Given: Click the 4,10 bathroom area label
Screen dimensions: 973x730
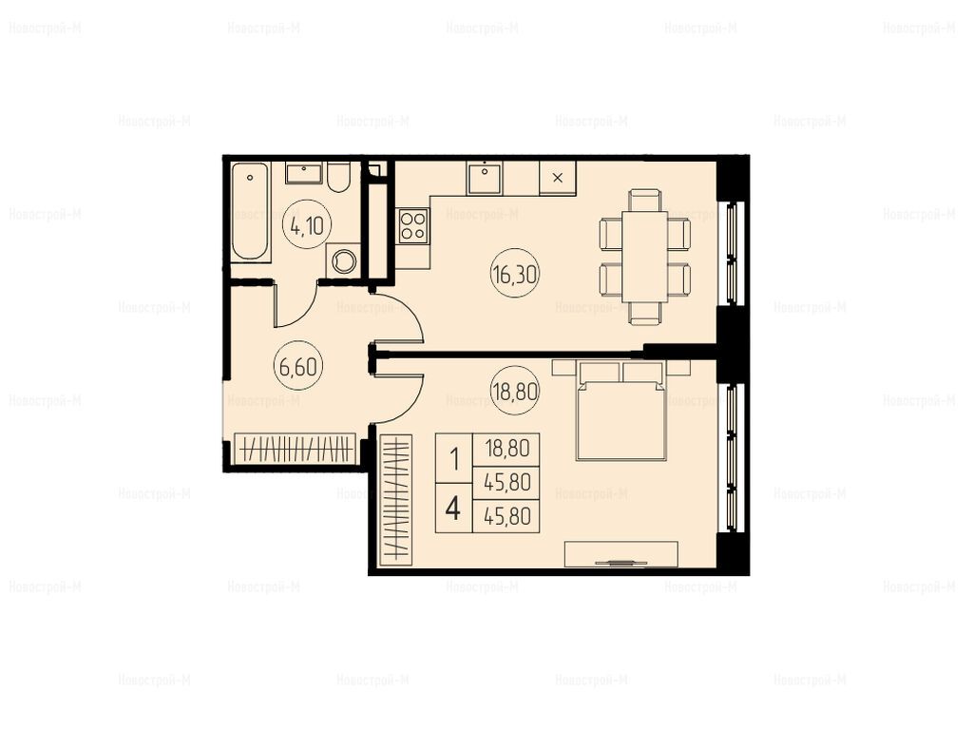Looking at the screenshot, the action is tap(307, 226).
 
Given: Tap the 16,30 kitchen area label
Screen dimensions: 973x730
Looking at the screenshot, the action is tap(515, 275).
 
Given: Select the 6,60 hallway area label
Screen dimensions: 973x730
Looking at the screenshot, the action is tap(297, 366).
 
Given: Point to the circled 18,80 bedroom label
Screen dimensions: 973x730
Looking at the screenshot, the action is tap(515, 392).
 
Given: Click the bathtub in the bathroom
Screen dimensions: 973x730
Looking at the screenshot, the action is tap(251, 211).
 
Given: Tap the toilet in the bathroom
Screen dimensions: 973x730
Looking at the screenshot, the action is tap(339, 177).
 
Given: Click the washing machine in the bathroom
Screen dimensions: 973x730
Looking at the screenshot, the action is tap(343, 260).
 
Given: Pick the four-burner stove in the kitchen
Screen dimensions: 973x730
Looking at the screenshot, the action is tap(412, 225).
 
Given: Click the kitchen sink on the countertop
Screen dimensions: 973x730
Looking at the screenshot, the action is tap(485, 177).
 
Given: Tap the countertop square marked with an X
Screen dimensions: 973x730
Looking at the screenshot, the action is tap(558, 178).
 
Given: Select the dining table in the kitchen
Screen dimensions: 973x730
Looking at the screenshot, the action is tap(645, 257).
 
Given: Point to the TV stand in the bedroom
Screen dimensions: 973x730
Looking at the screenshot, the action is tap(621, 554).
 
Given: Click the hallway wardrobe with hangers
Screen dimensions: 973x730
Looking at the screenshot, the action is tap(296, 448).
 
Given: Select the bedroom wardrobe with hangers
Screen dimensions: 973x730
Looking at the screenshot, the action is tap(395, 500).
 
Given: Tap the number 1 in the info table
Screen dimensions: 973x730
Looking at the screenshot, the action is tap(454, 460).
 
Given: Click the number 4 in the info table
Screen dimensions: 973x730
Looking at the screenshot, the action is tap(453, 509).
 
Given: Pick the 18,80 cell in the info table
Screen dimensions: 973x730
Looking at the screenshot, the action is tap(506, 449).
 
